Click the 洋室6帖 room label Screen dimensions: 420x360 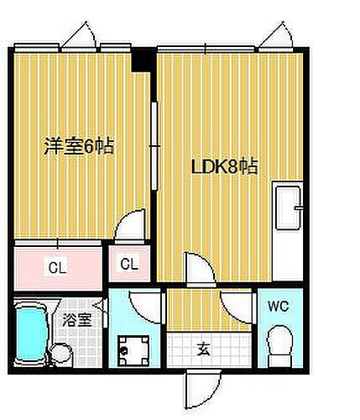(x=80, y=145)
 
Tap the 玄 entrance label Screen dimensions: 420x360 (x=204, y=349)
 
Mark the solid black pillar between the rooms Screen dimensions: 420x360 (x=144, y=60)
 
